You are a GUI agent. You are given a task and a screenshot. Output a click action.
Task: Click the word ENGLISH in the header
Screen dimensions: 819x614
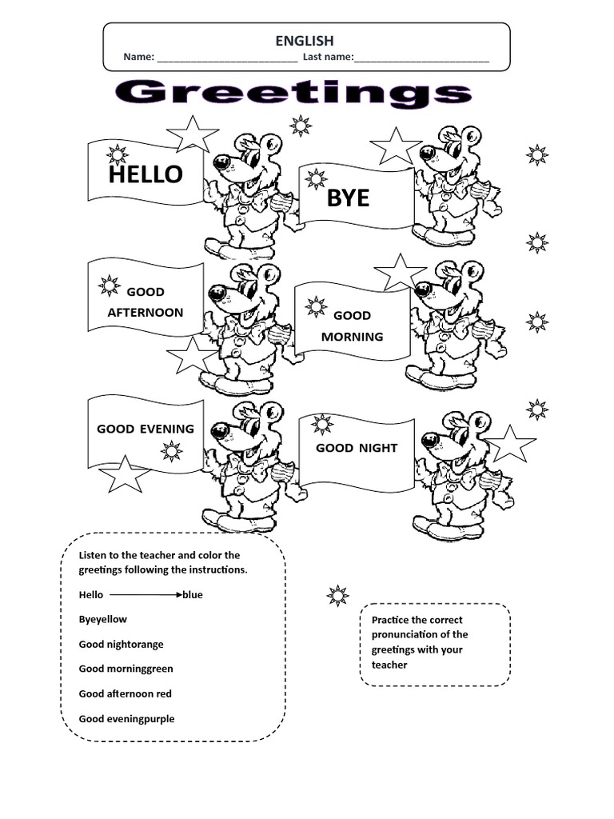pyautogui.click(x=305, y=41)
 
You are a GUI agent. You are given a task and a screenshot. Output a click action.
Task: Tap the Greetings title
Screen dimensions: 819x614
pyautogui.click(x=293, y=94)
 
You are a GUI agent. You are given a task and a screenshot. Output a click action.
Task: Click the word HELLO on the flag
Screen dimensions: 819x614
pyautogui.click(x=146, y=174)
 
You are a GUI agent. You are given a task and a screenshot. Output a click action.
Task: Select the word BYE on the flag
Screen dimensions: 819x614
pyautogui.click(x=348, y=198)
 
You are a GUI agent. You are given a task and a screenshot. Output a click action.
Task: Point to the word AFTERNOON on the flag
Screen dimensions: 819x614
pyautogui.click(x=146, y=312)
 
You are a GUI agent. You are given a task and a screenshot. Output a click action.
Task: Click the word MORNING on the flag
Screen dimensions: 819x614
pyautogui.click(x=352, y=337)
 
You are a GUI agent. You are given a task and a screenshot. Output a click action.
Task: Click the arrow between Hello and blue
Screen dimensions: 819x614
pyautogui.click(x=146, y=595)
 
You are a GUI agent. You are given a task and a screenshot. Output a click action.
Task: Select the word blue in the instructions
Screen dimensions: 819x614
pyautogui.click(x=193, y=595)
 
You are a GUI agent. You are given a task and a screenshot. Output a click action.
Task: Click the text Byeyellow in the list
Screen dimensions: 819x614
pyautogui.click(x=102, y=619)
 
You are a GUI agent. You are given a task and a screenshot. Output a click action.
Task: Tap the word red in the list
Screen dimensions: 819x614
pyautogui.click(x=164, y=693)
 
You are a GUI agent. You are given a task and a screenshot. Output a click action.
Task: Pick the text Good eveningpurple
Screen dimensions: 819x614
pyautogui.click(x=126, y=718)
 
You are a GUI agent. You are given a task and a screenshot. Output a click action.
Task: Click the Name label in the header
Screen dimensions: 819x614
pyautogui.click(x=138, y=58)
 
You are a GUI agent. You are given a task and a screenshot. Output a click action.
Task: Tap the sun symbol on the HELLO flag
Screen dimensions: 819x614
pyautogui.click(x=118, y=155)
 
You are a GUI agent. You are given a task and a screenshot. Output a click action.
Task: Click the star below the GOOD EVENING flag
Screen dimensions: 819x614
pyautogui.click(x=124, y=475)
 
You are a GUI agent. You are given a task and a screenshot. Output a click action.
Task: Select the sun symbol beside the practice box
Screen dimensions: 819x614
pyautogui.click(x=338, y=595)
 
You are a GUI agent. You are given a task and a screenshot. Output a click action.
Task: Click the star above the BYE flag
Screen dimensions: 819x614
pyautogui.click(x=396, y=146)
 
